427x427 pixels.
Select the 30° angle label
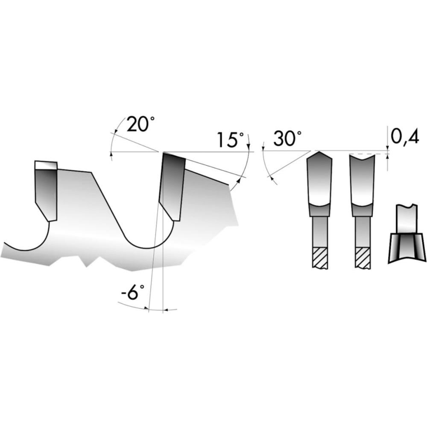click(x=287, y=138)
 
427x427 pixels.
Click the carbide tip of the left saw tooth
click(x=46, y=191)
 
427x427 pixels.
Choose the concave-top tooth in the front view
click(x=362, y=185)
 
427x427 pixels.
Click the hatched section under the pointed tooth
click(x=320, y=258)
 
